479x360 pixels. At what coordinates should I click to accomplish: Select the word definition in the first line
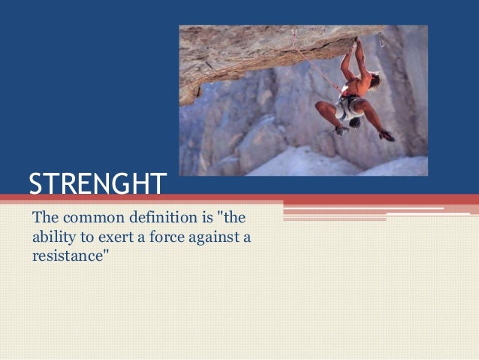(x=158, y=219)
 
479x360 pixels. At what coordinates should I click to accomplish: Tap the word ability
(x=53, y=239)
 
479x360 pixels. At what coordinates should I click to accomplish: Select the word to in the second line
(x=85, y=239)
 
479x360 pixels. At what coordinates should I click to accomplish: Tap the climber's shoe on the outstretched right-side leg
(x=387, y=135)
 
